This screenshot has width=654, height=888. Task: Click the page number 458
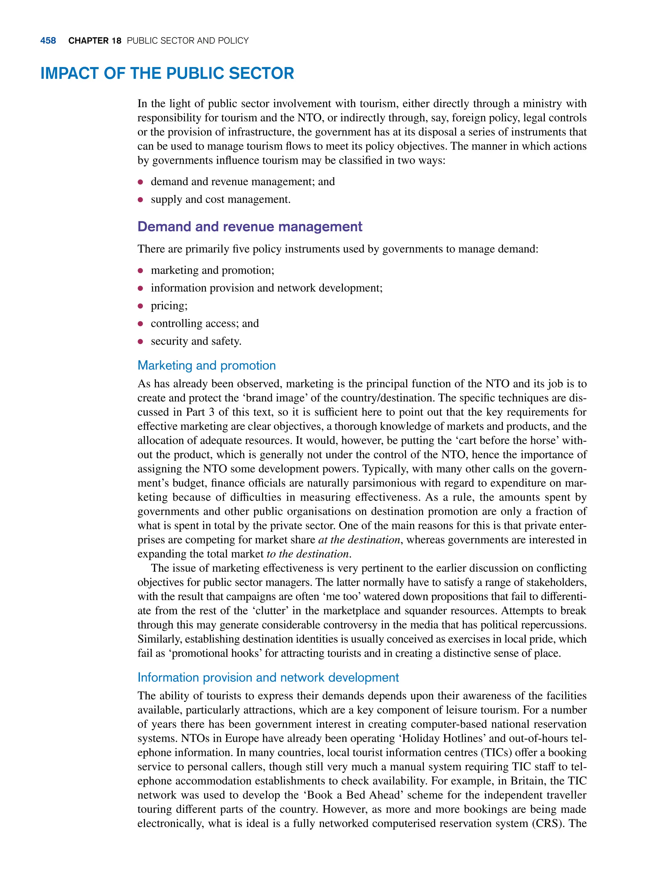[48, 41]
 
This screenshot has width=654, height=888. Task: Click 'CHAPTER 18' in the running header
[95, 41]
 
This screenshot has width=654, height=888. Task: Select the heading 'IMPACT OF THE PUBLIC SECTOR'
[167, 74]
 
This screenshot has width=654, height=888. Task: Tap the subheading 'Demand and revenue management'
[249, 227]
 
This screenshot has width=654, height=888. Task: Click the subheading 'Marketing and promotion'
[206, 365]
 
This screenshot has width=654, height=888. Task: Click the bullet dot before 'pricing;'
[140, 306]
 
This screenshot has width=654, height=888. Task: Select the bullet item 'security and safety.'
[196, 341]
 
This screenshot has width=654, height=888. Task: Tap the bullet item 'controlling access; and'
[205, 323]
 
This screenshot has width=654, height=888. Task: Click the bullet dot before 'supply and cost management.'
[140, 200]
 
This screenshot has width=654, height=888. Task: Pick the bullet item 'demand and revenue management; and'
[243, 182]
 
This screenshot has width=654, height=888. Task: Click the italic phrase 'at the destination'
[359, 540]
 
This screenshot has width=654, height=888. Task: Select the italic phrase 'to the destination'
[308, 554]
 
